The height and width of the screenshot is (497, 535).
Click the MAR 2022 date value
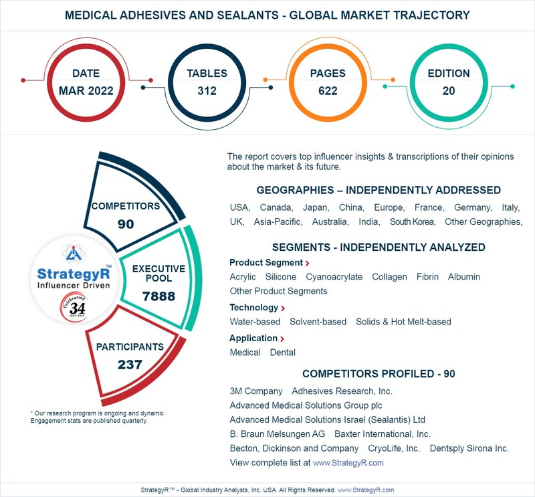[86, 91]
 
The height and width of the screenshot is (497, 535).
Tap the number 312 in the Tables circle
[207, 91]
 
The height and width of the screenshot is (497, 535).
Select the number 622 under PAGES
[328, 91]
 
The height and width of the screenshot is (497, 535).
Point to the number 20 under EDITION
[449, 91]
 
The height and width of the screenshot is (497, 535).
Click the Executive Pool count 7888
[158, 296]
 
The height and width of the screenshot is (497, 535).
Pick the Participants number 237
[130, 365]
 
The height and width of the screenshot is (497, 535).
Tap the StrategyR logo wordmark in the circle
[74, 274]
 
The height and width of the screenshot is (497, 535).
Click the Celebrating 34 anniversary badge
[74, 307]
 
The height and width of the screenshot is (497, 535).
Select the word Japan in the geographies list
[316, 207]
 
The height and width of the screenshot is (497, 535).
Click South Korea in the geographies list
[413, 222]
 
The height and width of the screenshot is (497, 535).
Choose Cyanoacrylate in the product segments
[334, 277]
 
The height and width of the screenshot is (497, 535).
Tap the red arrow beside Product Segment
[307, 263]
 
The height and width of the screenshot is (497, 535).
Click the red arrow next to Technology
[282, 308]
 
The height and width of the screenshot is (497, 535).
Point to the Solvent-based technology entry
[318, 322]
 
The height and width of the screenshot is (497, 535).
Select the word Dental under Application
[282, 353]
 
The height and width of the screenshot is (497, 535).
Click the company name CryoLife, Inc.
[394, 448]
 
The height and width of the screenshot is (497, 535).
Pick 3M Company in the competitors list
[256, 391]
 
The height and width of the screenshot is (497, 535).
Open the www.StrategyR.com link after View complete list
[348, 462]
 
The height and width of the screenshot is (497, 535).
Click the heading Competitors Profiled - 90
[379, 374]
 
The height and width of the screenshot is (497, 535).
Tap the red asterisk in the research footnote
[31, 413]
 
